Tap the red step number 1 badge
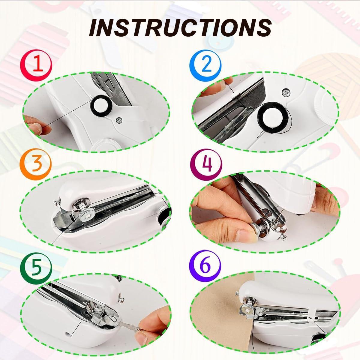click(x=36, y=64)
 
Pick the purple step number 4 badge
click(x=206, y=164)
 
